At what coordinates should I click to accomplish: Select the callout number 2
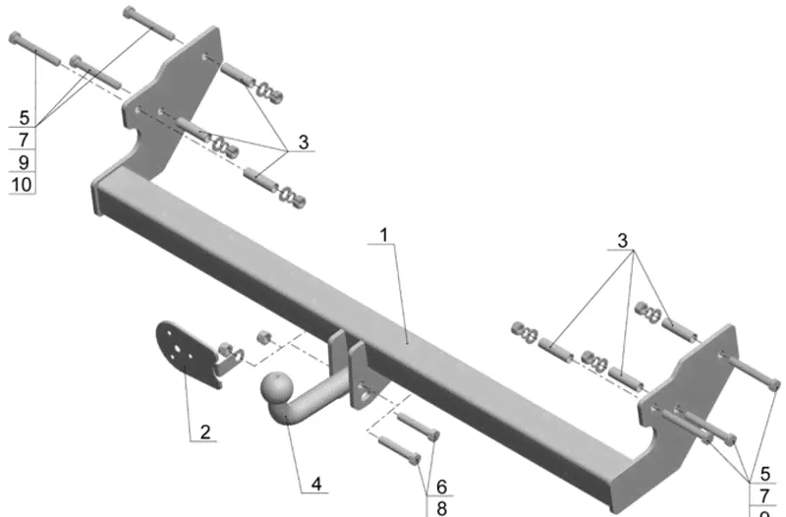[x=204, y=431]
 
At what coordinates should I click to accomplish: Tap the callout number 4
[x=316, y=483]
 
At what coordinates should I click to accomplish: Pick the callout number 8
[x=441, y=507]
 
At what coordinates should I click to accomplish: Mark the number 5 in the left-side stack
[x=23, y=115]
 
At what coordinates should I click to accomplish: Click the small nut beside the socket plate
[x=263, y=337]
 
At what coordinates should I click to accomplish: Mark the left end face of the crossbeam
[x=98, y=196]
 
